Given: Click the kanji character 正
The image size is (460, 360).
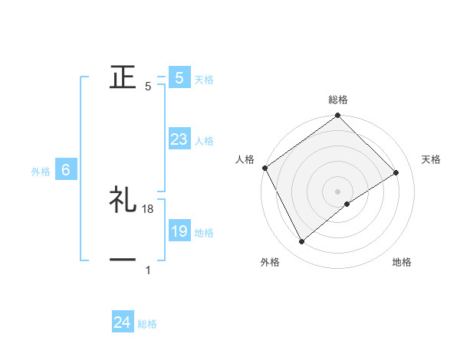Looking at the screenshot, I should point(123,77).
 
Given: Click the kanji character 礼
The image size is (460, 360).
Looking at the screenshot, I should point(123,201).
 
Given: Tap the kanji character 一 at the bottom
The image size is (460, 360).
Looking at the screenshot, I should point(123,260).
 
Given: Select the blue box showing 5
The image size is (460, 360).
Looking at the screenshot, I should point(179,78).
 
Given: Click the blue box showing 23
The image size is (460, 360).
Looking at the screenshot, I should point(179,140).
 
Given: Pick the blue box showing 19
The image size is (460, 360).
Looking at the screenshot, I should point(179,232).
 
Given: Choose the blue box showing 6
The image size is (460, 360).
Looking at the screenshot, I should point(66,171).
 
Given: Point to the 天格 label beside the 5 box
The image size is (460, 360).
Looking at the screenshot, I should point(204,80).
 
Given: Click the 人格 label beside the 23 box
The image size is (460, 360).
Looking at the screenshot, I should point(204,141).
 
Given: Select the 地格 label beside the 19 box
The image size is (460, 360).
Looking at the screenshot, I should point(204,233).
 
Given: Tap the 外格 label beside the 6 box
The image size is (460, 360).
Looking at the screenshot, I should point(41,172).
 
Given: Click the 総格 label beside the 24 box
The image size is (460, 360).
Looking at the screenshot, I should point(147,324).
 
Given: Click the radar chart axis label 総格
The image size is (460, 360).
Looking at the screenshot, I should point(338,100).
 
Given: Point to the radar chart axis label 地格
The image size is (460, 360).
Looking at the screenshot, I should point(402,262).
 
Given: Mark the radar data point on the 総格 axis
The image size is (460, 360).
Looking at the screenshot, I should point(337,116).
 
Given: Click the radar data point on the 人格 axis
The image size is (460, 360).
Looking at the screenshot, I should point(265,168).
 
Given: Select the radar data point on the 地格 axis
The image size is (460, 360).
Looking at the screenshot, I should point(347,204).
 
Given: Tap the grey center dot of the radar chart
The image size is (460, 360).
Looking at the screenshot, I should point(337,191).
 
